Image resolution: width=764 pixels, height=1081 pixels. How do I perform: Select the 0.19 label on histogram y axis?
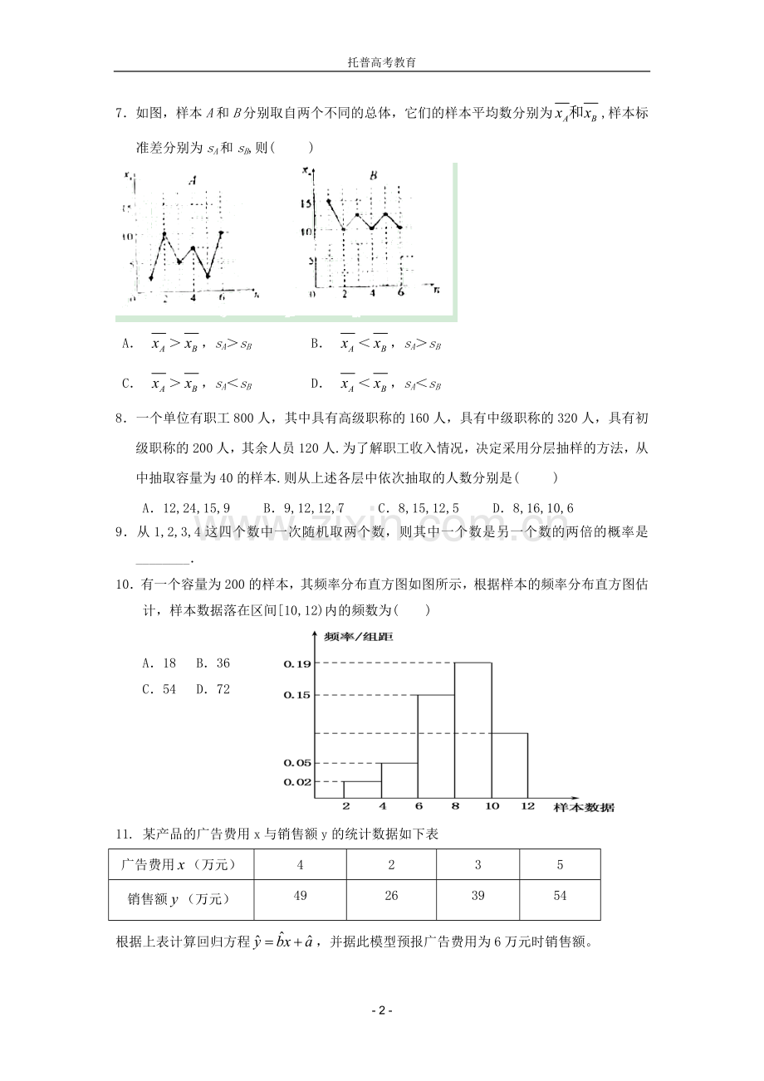point(296,663)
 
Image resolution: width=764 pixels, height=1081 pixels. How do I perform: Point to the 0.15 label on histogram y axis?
point(296,695)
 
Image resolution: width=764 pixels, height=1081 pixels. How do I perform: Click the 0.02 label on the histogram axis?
point(296,782)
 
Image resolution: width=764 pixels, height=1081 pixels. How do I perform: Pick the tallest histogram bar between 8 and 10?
point(473,731)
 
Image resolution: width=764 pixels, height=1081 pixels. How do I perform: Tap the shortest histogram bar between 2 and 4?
point(362,790)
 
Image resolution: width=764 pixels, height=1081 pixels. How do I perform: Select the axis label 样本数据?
point(585,807)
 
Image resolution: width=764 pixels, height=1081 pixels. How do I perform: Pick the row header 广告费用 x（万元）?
point(179,865)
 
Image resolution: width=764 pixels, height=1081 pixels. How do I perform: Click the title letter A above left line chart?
point(193,179)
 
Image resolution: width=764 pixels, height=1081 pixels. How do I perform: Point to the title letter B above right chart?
point(373,175)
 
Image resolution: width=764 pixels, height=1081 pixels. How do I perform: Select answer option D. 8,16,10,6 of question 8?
point(532,508)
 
